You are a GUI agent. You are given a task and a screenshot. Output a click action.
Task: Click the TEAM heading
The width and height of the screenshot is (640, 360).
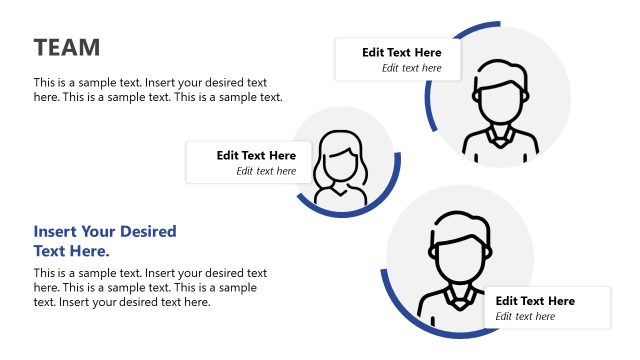(67, 47)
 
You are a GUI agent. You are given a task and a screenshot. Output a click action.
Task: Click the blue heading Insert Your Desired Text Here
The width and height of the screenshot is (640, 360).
(104, 241)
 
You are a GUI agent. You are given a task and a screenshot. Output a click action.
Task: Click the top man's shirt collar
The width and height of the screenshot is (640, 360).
(500, 134)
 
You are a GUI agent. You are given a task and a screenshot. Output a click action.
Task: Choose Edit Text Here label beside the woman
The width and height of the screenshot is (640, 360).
(256, 155)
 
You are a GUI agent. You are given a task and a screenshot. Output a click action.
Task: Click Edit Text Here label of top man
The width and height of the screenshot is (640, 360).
(401, 52)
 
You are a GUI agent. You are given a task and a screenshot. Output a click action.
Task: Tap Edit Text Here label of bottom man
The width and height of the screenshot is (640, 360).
(535, 300)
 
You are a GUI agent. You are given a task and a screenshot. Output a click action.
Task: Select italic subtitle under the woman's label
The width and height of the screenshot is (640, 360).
(266, 171)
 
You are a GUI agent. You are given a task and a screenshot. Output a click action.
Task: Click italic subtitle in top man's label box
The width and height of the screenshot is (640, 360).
(411, 68)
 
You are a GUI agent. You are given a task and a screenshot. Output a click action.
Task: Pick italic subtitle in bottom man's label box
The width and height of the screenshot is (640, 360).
(525, 316)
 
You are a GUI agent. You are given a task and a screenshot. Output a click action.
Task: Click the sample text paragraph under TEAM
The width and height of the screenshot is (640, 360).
(158, 89)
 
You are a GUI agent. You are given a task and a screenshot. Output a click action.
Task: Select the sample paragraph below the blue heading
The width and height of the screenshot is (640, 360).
(150, 287)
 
